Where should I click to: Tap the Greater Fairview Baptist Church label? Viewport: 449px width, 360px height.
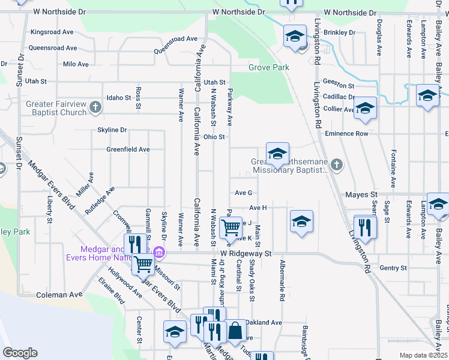pyautogui.click(x=56, y=108)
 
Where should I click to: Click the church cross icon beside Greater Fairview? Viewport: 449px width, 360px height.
pyautogui.click(x=95, y=108)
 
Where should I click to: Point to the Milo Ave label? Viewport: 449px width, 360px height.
pyautogui.click(x=76, y=64)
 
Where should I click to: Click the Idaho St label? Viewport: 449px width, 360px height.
pyautogui.click(x=118, y=97)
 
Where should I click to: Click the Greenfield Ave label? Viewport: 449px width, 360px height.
pyautogui.click(x=128, y=149)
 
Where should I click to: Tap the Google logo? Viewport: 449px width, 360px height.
pyautogui.click(x=20, y=352)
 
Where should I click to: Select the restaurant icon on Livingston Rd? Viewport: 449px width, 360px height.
pyautogui.click(x=364, y=227)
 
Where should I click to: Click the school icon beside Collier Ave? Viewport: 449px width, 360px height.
pyautogui.click(x=364, y=109)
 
